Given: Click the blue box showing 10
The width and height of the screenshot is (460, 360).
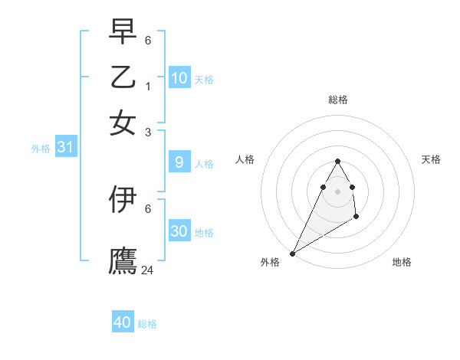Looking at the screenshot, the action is (x=179, y=78).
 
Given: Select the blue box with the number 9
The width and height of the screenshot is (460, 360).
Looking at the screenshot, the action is (x=179, y=162).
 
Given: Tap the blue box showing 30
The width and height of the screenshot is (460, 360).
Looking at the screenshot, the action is (x=179, y=231).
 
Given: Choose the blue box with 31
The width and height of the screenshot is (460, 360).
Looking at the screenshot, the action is (x=64, y=148).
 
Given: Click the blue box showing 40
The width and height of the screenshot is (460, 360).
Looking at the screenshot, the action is (x=123, y=322).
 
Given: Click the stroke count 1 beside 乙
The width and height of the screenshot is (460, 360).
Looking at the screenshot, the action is (x=149, y=86).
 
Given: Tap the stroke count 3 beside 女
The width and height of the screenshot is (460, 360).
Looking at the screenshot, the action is (x=149, y=132).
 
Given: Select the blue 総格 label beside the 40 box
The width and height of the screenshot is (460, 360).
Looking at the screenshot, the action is (x=147, y=324).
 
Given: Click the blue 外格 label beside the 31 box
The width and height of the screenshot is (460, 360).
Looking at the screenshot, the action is (x=40, y=149).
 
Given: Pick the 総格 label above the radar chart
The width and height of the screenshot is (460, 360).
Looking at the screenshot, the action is (x=337, y=100).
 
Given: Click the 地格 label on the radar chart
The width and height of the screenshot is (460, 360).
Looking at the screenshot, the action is (x=402, y=262).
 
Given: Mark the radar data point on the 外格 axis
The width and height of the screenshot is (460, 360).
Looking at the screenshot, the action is (x=292, y=254).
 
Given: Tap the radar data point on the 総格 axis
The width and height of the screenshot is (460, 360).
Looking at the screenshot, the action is (x=337, y=161).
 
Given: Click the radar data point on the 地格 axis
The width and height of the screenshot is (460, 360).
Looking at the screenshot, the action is (x=356, y=217).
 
